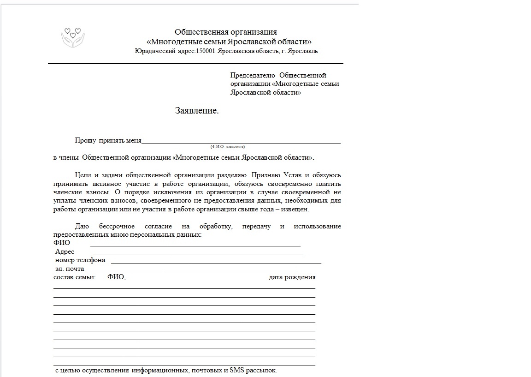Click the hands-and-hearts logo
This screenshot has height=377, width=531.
click(x=73, y=37)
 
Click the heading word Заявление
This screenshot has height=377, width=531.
click(x=197, y=111)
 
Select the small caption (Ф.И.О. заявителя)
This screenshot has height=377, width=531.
click(x=228, y=146)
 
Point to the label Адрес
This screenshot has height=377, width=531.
click(x=65, y=252)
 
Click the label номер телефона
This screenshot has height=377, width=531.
click(x=80, y=260)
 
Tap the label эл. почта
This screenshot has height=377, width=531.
click(x=70, y=269)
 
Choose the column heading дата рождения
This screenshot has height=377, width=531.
click(x=292, y=277)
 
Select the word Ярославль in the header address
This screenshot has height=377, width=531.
click(x=302, y=51)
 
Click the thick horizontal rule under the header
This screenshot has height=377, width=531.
click(x=195, y=63)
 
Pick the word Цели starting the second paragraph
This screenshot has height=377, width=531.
click(x=83, y=175)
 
